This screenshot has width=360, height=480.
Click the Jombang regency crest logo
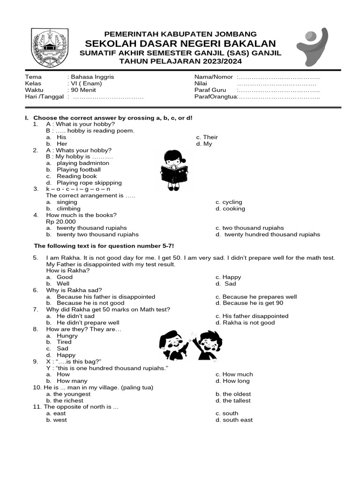[x=49, y=48]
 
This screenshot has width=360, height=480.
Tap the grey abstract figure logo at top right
[x=313, y=47]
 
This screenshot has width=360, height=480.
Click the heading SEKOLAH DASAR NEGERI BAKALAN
[x=180, y=43]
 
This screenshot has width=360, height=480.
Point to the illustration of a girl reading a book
[x=173, y=170]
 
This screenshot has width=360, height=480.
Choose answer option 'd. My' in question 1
[x=204, y=144]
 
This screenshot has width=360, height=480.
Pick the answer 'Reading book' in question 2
[x=76, y=176]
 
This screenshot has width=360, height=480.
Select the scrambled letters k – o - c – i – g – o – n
[x=78, y=189]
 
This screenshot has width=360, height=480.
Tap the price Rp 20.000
[x=61, y=222]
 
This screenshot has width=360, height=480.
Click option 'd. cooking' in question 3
[x=230, y=209]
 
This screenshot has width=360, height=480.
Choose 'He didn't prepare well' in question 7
[x=88, y=322]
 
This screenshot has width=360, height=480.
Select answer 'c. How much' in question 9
[x=234, y=374]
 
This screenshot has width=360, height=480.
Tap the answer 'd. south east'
[x=234, y=420]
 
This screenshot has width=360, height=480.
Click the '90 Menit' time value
[x=82, y=90]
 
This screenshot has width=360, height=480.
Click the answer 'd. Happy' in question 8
[x=66, y=355]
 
